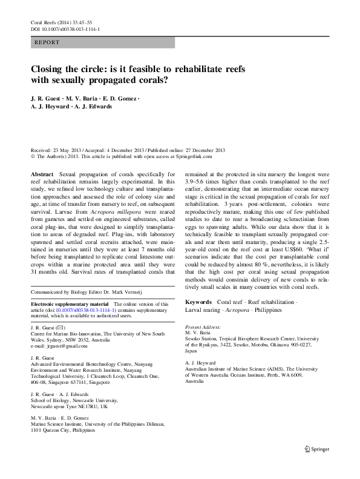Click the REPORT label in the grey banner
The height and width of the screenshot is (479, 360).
[x=47, y=43]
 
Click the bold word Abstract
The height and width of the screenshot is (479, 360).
[x=45, y=174]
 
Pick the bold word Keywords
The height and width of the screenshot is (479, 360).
[x=198, y=302]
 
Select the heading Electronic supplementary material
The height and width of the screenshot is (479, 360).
[x=70, y=303]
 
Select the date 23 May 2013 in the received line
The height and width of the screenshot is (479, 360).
[x=71, y=150]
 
